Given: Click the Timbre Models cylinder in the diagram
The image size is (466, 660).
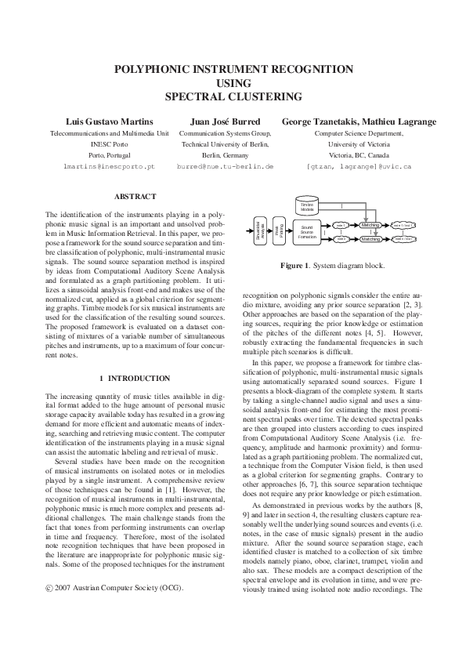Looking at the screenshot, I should point(307,206).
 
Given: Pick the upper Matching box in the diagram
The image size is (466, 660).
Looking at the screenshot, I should point(370,225).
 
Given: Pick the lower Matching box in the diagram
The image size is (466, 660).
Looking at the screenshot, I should point(370,238).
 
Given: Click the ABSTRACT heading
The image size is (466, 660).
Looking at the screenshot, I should point(135,196).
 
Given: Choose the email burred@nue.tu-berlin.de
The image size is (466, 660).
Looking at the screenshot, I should point(225,167).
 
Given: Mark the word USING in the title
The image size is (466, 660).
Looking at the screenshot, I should point(233,83).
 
